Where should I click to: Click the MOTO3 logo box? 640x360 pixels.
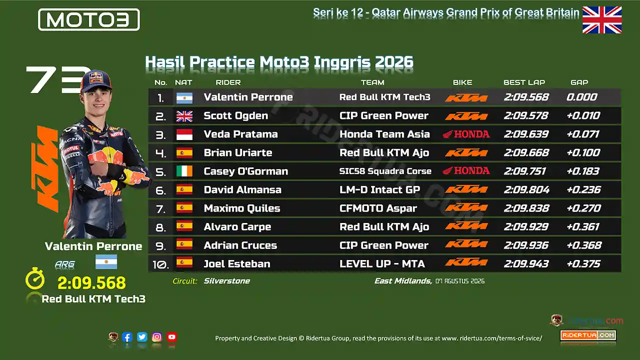pyautogui.click(x=89, y=19)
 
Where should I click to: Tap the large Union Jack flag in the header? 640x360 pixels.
pyautogui.click(x=602, y=20)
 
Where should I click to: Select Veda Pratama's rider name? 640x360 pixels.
pyautogui.click(x=240, y=134)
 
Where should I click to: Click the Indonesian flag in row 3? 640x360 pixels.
pyautogui.click(x=184, y=134)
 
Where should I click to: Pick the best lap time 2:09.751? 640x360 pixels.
pyautogui.click(x=525, y=171)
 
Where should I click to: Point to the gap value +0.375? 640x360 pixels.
pyautogui.click(x=583, y=263)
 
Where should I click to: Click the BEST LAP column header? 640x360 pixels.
pyautogui.click(x=524, y=82)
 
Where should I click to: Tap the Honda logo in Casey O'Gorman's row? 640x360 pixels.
pyautogui.click(x=466, y=171)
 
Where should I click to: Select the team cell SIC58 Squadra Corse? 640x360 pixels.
pyautogui.click(x=385, y=171)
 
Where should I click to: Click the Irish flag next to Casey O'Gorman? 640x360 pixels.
pyautogui.click(x=184, y=171)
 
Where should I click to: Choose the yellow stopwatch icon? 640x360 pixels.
pyautogui.click(x=35, y=278)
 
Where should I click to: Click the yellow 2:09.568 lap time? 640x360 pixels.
pyautogui.click(x=91, y=283)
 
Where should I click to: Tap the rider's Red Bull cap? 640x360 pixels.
pyautogui.click(x=96, y=81)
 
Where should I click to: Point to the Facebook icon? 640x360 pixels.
pyautogui.click(x=127, y=337)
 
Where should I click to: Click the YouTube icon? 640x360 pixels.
pyautogui.click(x=171, y=337)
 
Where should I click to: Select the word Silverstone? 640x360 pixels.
pyautogui.click(x=227, y=281)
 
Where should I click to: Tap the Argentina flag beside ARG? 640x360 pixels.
pyautogui.click(x=106, y=261)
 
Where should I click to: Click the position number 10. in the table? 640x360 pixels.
pyautogui.click(x=161, y=264)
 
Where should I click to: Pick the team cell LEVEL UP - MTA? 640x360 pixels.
pyautogui.click(x=382, y=263)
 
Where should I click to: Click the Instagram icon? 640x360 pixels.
pyautogui.click(x=157, y=337)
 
